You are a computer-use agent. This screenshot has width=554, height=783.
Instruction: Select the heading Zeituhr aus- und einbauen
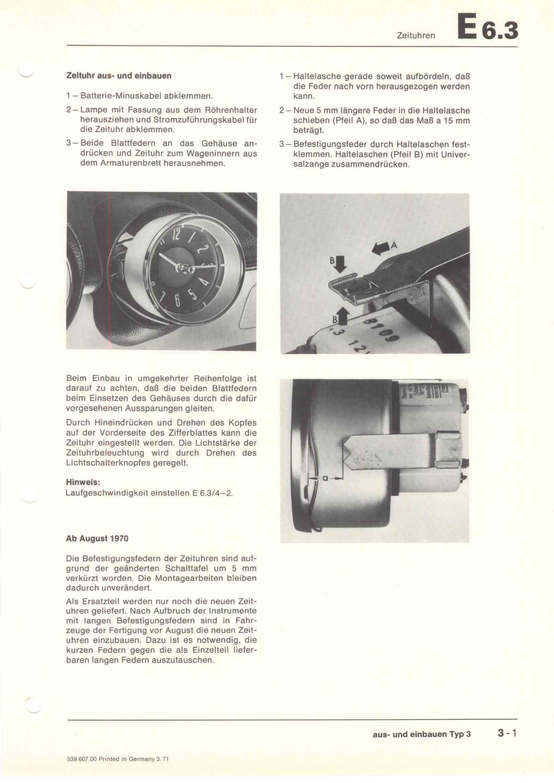(119, 76)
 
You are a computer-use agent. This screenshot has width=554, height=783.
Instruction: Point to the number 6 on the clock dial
(178, 300)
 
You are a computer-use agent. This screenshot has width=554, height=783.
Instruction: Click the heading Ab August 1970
(97, 539)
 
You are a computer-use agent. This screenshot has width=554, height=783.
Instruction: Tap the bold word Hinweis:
(83, 483)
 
